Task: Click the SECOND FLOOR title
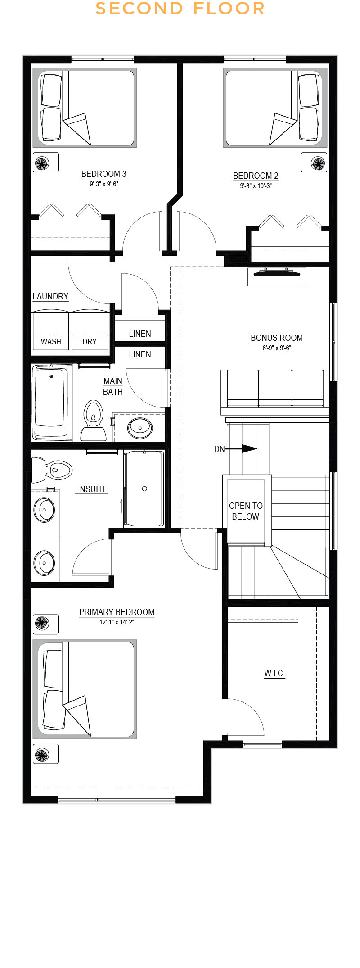(x=180, y=9)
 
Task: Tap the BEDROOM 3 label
(x=103, y=174)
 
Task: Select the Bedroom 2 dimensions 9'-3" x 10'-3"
(x=256, y=186)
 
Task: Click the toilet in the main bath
(x=93, y=421)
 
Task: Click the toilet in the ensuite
(x=52, y=470)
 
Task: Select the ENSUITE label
(x=91, y=489)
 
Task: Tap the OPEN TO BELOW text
(x=246, y=511)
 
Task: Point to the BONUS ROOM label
(x=277, y=338)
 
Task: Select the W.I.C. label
(x=274, y=674)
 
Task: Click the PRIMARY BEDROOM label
(x=117, y=612)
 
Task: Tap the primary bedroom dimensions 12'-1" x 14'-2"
(x=117, y=622)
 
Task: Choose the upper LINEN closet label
(x=140, y=334)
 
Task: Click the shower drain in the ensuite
(x=144, y=489)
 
